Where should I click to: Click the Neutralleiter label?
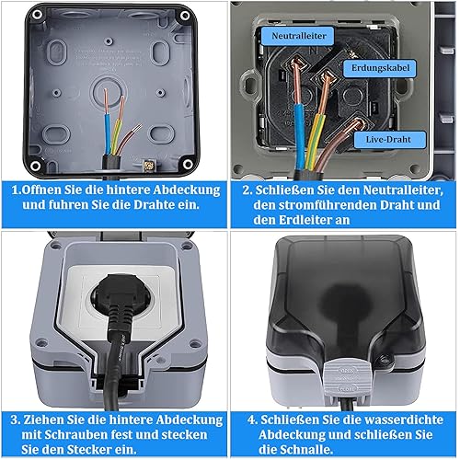click(x=298, y=36)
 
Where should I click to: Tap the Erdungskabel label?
click(x=380, y=68)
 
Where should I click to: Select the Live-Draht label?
click(x=390, y=140)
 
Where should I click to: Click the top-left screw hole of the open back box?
click(x=38, y=15)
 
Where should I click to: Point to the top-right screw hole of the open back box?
click(x=185, y=16)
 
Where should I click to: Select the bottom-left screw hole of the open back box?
click(x=36, y=166)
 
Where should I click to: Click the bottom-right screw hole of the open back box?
click(x=188, y=164)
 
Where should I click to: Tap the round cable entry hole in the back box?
click(x=109, y=92)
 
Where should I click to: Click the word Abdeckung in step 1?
click(x=187, y=190)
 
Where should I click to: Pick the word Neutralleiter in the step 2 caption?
click(x=403, y=190)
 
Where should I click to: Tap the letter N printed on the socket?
click(x=314, y=51)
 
